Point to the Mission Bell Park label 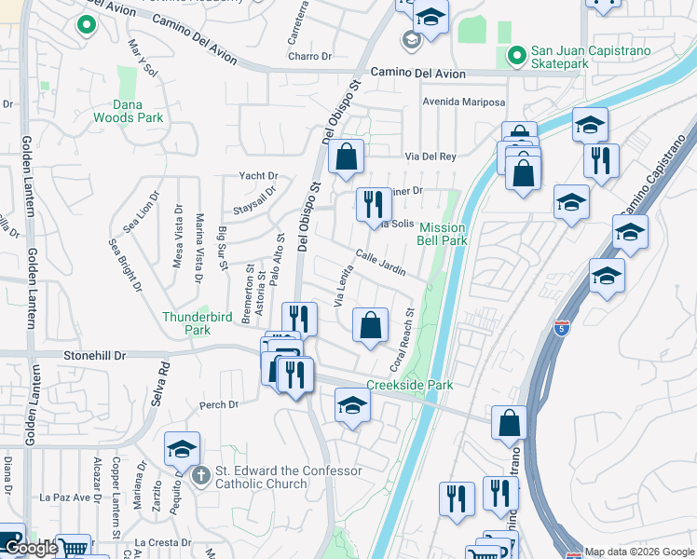443,234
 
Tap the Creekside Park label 409,385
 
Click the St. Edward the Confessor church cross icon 199,476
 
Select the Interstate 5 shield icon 561,328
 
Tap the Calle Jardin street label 380,263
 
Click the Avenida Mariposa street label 463,102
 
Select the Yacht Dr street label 258,175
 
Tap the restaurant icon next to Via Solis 373,203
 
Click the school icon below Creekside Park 352,404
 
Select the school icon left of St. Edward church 182,448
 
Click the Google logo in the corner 31,549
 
